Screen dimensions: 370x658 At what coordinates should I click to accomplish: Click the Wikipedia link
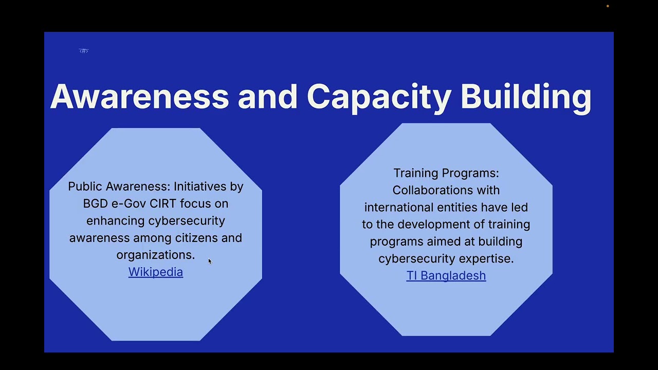pyautogui.click(x=155, y=272)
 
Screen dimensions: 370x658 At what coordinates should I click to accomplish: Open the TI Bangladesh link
pyautogui.click(x=446, y=275)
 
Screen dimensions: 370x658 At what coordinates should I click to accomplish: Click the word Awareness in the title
pyautogui.click(x=139, y=97)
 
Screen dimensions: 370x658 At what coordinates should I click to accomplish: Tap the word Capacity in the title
pyautogui.click(x=378, y=97)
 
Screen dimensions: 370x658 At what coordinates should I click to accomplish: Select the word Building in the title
pyautogui.click(x=525, y=97)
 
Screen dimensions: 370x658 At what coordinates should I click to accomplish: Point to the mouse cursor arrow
pyautogui.click(x=210, y=261)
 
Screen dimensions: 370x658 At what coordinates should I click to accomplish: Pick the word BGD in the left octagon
pyautogui.click(x=95, y=203)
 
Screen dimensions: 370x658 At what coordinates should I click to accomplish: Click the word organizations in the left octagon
pyautogui.click(x=154, y=255)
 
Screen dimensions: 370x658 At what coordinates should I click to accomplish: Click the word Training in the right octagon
pyautogui.click(x=415, y=173)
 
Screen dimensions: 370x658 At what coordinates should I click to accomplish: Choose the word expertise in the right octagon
pyautogui.click(x=486, y=258)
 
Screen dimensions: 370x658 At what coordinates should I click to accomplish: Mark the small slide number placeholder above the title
pyautogui.click(x=84, y=50)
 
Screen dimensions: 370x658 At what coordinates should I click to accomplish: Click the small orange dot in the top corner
pyautogui.click(x=608, y=6)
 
